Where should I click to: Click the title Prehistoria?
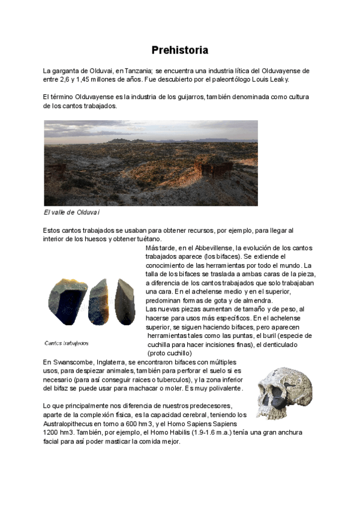coord(179,50)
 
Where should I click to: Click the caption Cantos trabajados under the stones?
coord(67,343)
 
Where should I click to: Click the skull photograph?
coord(284,393)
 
